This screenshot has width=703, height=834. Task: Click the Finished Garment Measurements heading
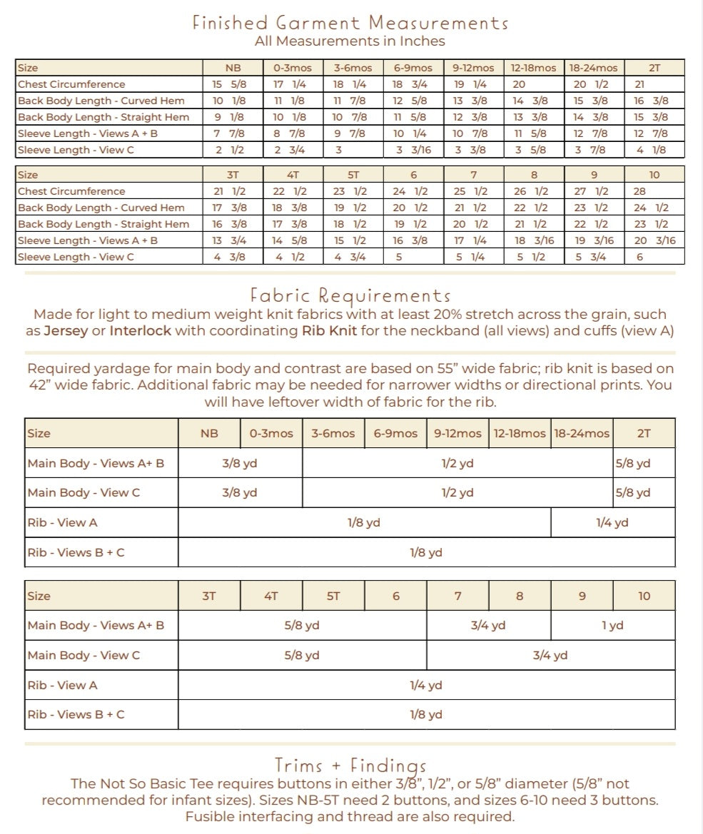pos(350,22)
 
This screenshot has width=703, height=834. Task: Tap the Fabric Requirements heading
pos(350,295)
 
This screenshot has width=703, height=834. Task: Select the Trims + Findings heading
pos(350,766)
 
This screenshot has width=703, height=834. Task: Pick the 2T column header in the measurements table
pos(654,68)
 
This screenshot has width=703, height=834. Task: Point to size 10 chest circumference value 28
pos(639,191)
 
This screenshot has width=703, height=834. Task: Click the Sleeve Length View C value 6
pos(639,257)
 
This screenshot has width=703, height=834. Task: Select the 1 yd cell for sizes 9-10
pos(612,626)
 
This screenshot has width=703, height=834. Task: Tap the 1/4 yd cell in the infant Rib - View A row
pos(612,522)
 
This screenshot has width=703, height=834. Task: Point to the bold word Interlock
pos(141,331)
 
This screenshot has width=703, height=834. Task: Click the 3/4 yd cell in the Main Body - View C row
pos(550,655)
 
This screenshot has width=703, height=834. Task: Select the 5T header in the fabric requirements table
pos(333,596)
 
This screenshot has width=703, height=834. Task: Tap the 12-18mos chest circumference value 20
pos(519,84)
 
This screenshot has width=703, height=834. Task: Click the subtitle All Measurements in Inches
pos(350,41)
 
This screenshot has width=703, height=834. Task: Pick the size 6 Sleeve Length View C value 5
pos(399,257)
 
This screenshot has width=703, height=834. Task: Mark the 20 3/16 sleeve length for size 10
pos(654,240)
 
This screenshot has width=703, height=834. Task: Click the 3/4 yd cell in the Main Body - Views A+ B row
pos(488,626)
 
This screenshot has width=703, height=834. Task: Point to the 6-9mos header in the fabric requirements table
pos(395,433)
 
